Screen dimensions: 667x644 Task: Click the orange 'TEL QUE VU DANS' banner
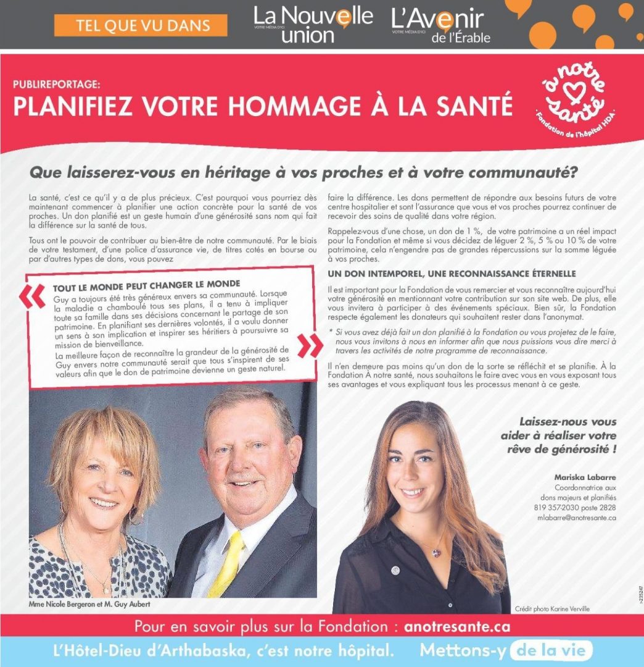(141, 25)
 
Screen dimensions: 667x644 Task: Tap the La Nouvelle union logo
(314, 25)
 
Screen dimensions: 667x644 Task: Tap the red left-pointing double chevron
(32, 297)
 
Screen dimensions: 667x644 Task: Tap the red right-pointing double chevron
(308, 346)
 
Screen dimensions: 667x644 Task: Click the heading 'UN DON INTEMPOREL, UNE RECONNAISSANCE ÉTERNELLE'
(452, 273)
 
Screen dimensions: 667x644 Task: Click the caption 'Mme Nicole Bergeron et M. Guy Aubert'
(89, 604)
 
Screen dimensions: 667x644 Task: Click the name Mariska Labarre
(585, 477)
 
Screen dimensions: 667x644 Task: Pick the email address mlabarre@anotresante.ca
(577, 518)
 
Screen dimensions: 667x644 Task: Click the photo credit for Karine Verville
(552, 608)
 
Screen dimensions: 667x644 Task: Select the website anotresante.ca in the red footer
(457, 626)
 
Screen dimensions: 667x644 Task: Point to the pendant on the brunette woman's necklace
(437, 552)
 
